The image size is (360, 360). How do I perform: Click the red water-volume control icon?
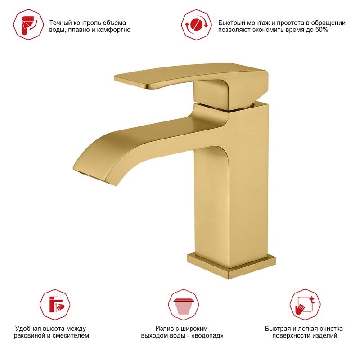point(28,25)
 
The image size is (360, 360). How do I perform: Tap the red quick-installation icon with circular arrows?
point(197,25)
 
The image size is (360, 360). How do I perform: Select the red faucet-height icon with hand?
point(55,305)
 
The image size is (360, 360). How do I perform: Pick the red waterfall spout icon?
point(184,305)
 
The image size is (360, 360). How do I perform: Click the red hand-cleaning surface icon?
point(305,305)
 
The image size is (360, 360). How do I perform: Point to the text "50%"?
point(322,30)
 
